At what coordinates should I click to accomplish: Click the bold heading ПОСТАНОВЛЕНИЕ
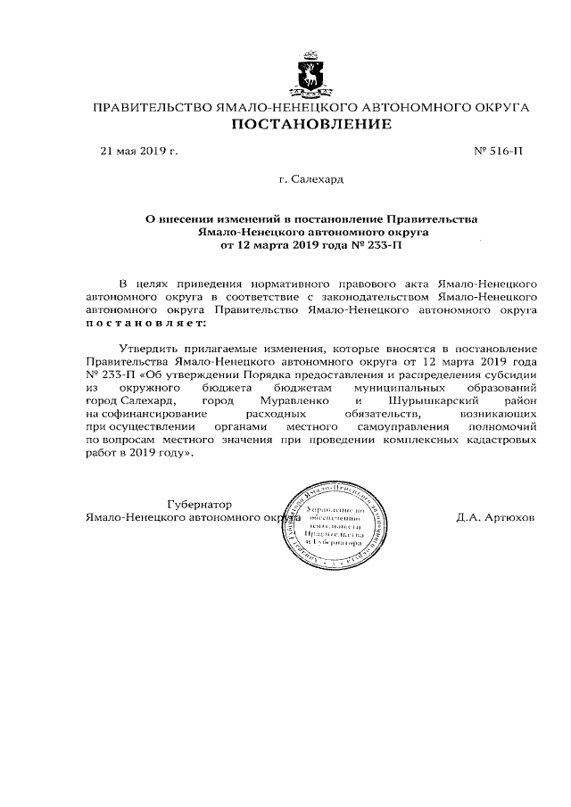(x=311, y=125)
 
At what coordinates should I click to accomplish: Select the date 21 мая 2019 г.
(x=138, y=152)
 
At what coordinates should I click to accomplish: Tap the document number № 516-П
(x=498, y=152)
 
